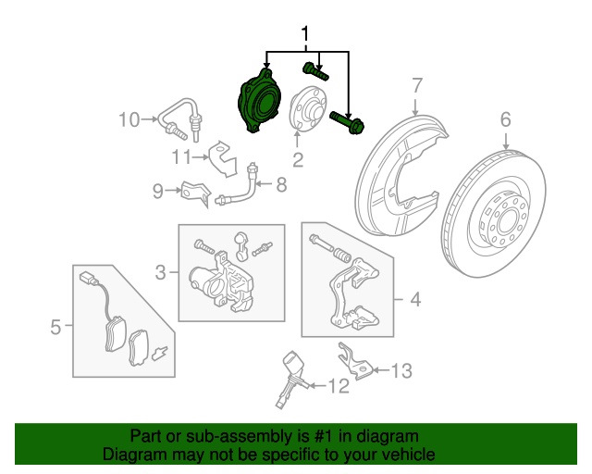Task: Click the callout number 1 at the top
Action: pos(306,35)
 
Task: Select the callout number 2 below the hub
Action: pos(297,160)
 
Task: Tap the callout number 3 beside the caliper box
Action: pos(160,272)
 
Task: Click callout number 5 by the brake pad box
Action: pos(55,326)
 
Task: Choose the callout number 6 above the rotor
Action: pos(506,118)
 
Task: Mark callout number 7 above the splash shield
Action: pos(416,85)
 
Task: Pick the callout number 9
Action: pos(158,192)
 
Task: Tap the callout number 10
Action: pos(128,118)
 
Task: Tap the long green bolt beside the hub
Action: pos(348,119)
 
